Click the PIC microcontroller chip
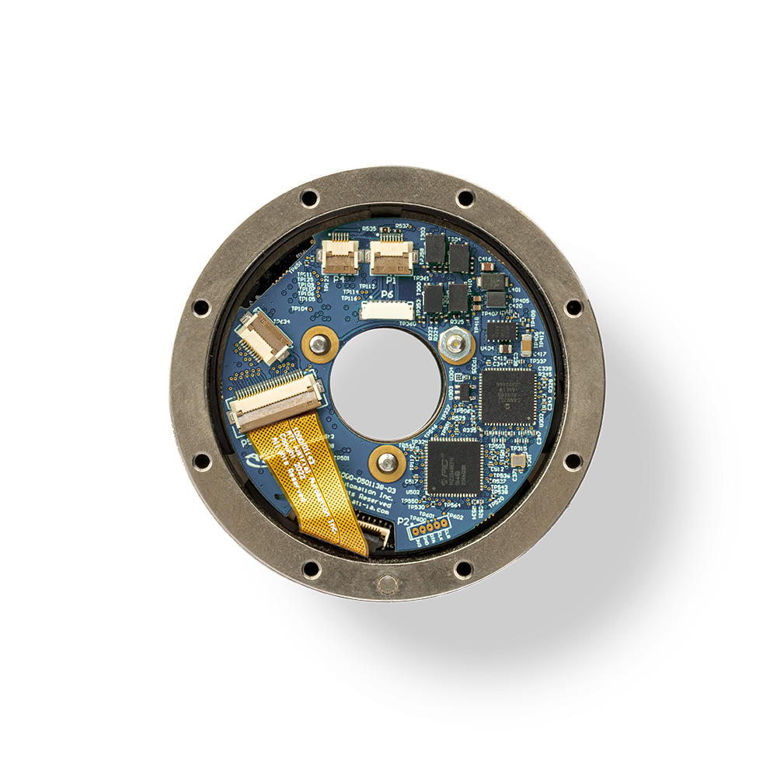(455, 466)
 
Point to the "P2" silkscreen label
(402, 521)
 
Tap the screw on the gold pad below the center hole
(386, 464)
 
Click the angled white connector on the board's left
(264, 335)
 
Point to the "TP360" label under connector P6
(406, 324)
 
